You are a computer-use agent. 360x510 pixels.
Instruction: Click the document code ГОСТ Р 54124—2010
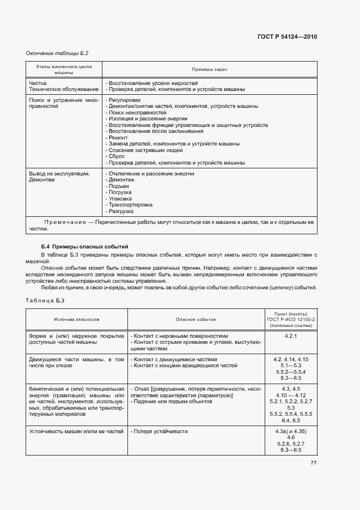(x=287, y=37)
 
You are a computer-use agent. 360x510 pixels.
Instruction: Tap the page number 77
(x=313, y=463)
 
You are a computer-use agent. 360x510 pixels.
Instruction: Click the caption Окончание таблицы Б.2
(x=57, y=53)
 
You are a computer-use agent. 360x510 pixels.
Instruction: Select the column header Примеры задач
(x=210, y=70)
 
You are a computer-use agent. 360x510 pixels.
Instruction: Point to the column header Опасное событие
(x=196, y=320)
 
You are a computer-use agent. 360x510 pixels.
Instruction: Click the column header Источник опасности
(x=76, y=320)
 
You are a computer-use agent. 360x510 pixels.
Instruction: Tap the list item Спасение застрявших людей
(x=145, y=150)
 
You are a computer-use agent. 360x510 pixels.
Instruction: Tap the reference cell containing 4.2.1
(x=290, y=336)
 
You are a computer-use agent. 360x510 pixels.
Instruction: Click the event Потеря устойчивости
(x=159, y=432)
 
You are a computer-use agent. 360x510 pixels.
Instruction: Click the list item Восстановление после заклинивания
(x=156, y=131)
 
